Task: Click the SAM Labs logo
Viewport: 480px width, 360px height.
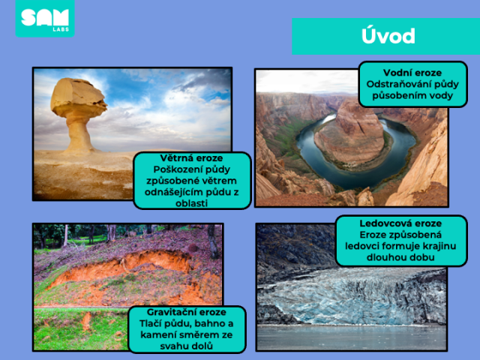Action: click(x=45, y=18)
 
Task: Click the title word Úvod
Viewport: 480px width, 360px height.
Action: click(x=388, y=36)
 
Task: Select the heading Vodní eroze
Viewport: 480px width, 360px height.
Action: click(x=412, y=73)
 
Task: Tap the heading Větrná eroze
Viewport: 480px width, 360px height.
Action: click(x=191, y=158)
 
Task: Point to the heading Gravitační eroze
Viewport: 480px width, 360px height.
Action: click(x=187, y=312)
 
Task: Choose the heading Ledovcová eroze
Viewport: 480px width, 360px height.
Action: click(x=400, y=223)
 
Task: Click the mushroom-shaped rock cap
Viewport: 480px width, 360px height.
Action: click(x=79, y=95)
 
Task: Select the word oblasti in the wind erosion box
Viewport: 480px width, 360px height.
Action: click(x=192, y=203)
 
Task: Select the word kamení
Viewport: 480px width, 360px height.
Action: click(x=158, y=335)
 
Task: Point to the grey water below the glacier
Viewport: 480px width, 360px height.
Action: click(x=352, y=337)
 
